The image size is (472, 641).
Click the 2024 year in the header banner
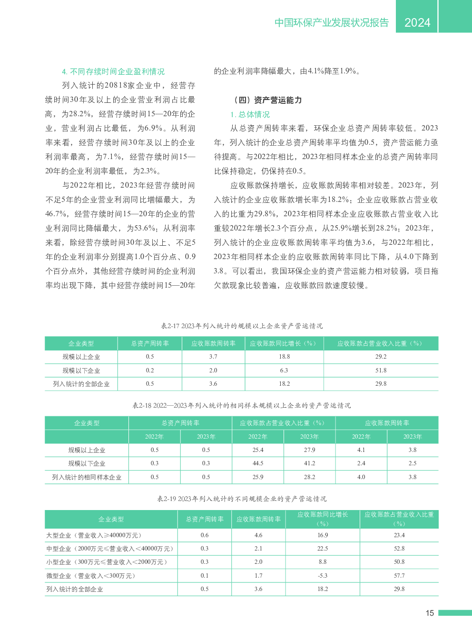pyautogui.click(x=417, y=22)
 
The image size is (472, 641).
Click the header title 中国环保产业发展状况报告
pyautogui.click(x=332, y=22)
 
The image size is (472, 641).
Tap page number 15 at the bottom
pyautogui.click(x=430, y=613)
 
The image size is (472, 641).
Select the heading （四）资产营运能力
pyautogui.click(x=268, y=100)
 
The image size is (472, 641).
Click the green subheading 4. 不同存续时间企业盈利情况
pyautogui.click(x=113, y=71)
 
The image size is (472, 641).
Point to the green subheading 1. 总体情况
pyautogui.click(x=250, y=114)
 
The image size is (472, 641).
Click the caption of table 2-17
pyautogui.click(x=242, y=326)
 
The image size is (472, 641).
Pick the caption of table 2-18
pyautogui.click(x=242, y=405)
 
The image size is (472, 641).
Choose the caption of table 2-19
pyautogui.click(x=242, y=499)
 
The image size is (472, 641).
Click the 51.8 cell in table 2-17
pyautogui.click(x=381, y=370)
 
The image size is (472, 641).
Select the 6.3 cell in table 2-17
pyautogui.click(x=284, y=370)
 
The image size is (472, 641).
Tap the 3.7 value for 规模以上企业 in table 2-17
pyautogui.click(x=213, y=356)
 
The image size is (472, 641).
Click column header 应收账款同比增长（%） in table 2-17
pyautogui.click(x=284, y=343)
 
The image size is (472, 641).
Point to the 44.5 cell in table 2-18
pyautogui.click(x=258, y=463)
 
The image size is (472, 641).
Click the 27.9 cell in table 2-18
pyautogui.click(x=309, y=450)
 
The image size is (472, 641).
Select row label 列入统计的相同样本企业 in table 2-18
pyautogui.click(x=87, y=477)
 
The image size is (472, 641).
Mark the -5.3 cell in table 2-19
pyautogui.click(x=323, y=575)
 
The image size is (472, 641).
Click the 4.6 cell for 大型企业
pyautogui.click(x=258, y=535)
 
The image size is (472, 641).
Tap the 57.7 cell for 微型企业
pyautogui.click(x=399, y=575)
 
